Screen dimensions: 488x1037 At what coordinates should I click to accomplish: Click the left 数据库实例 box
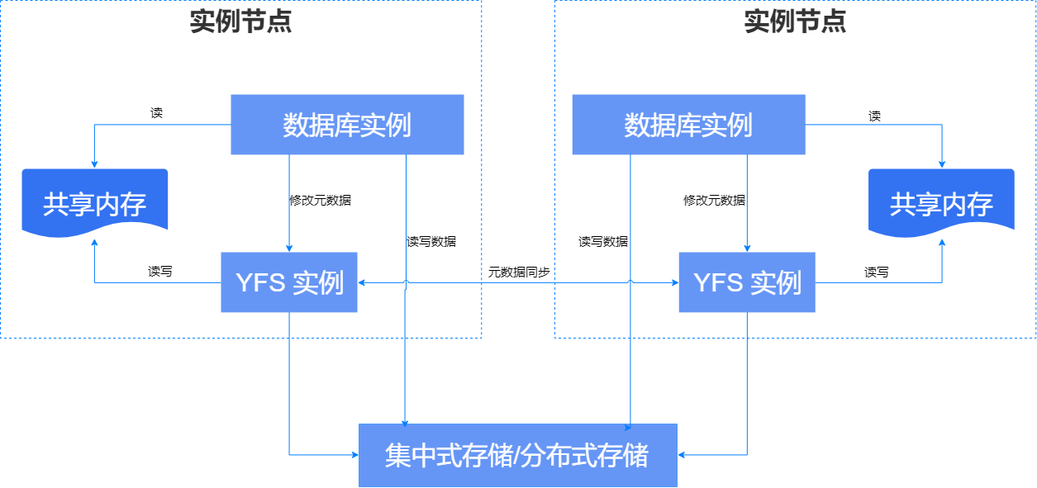pyautogui.click(x=347, y=125)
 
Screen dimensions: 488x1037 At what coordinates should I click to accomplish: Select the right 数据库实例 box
pyautogui.click(x=688, y=125)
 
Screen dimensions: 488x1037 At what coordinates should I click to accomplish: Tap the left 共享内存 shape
pyautogui.click(x=94, y=202)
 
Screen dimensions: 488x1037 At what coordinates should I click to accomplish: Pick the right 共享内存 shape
pyautogui.click(x=941, y=202)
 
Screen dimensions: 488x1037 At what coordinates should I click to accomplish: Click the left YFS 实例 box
pyautogui.click(x=289, y=282)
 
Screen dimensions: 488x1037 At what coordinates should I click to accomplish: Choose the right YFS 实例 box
pyautogui.click(x=747, y=282)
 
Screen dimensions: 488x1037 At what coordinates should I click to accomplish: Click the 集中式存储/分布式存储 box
pyautogui.click(x=517, y=455)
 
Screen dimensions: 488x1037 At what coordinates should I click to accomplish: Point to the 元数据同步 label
pyautogui.click(x=519, y=272)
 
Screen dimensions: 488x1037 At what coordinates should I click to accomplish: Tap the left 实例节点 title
pyautogui.click(x=240, y=21)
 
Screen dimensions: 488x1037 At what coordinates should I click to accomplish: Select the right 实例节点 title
pyautogui.click(x=795, y=21)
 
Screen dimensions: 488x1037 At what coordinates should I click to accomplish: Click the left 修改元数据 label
pyautogui.click(x=320, y=200)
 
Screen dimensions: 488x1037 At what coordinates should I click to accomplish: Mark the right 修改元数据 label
pyautogui.click(x=714, y=200)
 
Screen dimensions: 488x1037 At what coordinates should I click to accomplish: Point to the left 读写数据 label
pyautogui.click(x=431, y=242)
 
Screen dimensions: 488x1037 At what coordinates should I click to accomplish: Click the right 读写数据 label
pyautogui.click(x=603, y=242)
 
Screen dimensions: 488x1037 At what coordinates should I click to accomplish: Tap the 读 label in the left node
pyautogui.click(x=156, y=113)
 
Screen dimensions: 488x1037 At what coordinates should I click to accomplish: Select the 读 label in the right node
pyautogui.click(x=874, y=116)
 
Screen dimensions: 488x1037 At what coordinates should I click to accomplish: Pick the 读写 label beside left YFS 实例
pyautogui.click(x=160, y=271)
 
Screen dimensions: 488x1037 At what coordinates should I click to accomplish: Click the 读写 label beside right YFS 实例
pyautogui.click(x=877, y=272)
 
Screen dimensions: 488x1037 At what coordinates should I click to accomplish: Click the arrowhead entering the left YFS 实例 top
pyautogui.click(x=289, y=248)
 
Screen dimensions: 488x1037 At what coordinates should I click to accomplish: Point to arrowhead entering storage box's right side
pyautogui.click(x=682, y=454)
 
